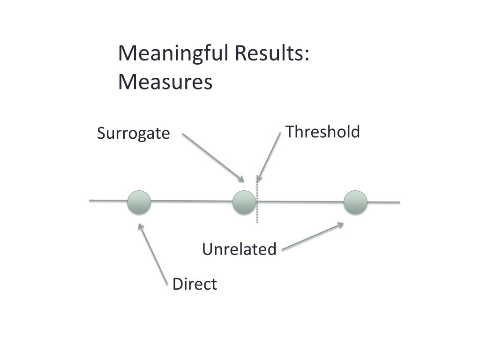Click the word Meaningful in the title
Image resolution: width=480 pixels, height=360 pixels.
173,54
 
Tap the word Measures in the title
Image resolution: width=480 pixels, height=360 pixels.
165,82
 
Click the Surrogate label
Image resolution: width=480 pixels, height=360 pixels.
133,134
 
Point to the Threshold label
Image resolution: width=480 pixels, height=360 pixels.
322,132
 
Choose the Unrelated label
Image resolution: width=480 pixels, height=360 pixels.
239,249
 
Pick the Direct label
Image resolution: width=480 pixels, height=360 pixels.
195,284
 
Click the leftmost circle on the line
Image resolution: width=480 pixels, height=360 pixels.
139,202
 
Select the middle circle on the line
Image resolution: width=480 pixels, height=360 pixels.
244,202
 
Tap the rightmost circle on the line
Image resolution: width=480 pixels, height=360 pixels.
355,202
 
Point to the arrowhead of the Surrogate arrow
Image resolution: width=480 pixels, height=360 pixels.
242,180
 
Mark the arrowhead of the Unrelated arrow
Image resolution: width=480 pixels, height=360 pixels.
341,225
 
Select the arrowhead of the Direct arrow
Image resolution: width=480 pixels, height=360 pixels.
140,226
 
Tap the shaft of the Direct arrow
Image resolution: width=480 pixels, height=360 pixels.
154,255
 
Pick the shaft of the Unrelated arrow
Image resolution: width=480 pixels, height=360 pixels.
312,237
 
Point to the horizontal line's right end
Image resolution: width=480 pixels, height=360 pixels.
398,202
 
